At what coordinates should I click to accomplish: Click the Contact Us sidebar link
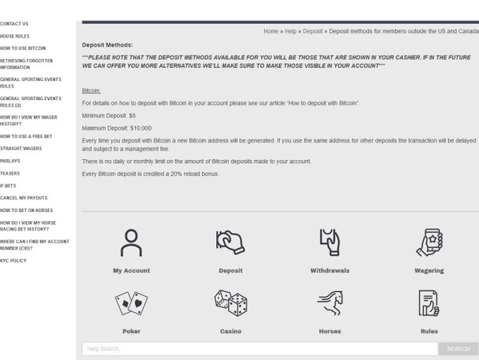tap(14, 24)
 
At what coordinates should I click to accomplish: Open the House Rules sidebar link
tap(15, 36)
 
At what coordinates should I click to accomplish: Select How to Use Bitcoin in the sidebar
tap(23, 49)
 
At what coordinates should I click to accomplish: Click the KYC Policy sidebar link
tap(14, 261)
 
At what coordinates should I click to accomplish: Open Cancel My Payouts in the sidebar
tap(24, 198)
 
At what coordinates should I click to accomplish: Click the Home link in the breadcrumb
tap(271, 32)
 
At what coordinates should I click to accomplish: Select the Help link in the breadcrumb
tap(290, 32)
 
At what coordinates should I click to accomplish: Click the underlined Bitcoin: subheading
tap(91, 91)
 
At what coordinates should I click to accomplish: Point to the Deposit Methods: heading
tap(107, 45)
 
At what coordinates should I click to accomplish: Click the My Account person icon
tap(131, 243)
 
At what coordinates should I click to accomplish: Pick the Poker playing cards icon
tap(131, 304)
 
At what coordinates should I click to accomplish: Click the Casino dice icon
tap(231, 303)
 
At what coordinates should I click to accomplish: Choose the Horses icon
tap(330, 303)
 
